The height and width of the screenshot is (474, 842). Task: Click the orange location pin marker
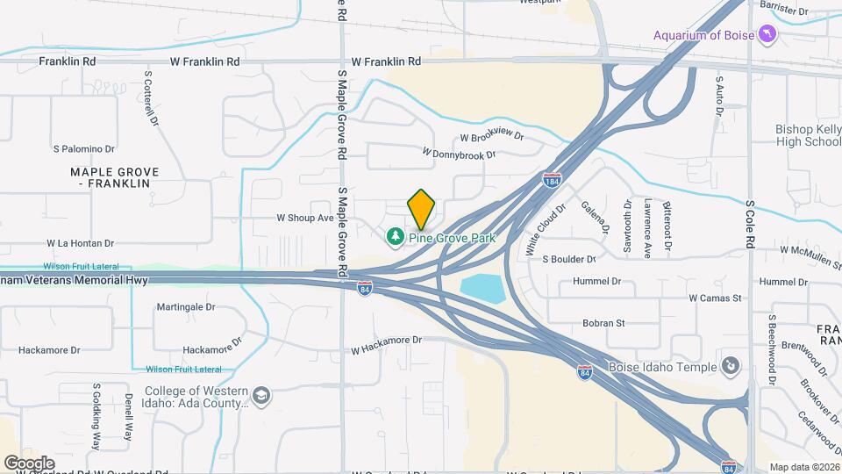point(422,209)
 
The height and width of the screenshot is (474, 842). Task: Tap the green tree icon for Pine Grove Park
point(396,237)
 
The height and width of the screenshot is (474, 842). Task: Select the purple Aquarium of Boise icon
point(768,34)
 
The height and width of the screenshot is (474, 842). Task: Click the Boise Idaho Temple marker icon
point(729,365)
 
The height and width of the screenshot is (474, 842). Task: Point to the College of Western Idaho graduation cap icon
point(261,398)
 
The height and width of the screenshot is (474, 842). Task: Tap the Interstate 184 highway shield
point(552,180)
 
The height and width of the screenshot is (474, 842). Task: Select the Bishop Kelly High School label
point(808,135)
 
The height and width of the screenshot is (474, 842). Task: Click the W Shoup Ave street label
point(305,217)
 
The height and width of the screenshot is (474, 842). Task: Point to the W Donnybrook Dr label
point(459,154)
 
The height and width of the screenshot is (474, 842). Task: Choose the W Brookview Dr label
point(491,137)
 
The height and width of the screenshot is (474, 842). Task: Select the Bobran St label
point(603,323)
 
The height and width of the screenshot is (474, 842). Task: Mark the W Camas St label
point(715,298)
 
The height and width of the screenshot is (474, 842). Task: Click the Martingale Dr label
point(186,307)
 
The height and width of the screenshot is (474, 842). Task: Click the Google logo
point(30,463)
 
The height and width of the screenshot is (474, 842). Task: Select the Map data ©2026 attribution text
point(803,467)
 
